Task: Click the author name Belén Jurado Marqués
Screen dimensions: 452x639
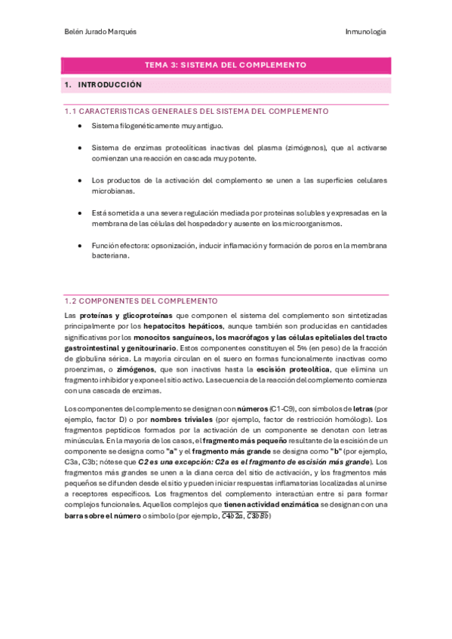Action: pos(99,32)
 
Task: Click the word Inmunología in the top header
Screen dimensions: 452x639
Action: pos(365,32)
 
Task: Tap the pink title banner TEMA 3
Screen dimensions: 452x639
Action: pos(226,65)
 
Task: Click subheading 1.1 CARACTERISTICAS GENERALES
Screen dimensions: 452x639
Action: pos(196,112)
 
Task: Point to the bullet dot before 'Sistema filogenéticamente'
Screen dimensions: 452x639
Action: pos(80,126)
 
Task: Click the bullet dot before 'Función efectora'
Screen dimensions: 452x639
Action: pos(80,246)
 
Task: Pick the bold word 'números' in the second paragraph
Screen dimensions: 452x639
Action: pos(247,408)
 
